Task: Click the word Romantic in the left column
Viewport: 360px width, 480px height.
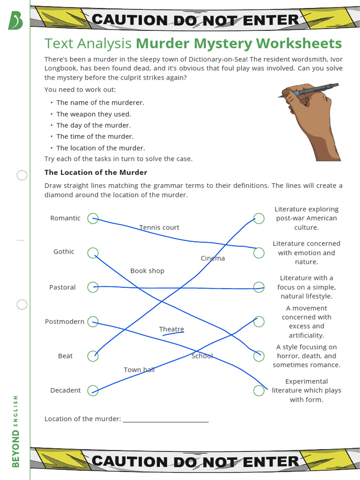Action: (65, 218)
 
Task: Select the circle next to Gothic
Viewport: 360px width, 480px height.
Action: (93, 252)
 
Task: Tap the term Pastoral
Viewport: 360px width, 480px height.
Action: (62, 287)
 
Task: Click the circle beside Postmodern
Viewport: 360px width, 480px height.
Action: (93, 321)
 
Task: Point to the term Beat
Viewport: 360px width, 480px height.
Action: (65, 356)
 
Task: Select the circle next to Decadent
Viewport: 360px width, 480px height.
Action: (93, 390)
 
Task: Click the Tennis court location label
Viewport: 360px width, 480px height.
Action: (159, 227)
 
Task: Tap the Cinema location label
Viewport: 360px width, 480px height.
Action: (213, 258)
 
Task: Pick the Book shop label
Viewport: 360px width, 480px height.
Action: (147, 270)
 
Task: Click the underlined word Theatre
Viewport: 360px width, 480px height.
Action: (172, 329)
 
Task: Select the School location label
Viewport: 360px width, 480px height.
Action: (202, 356)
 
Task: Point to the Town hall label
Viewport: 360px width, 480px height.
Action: (139, 369)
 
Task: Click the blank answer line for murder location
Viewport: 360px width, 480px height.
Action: (165, 420)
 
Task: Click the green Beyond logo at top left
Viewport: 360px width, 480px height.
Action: (15, 20)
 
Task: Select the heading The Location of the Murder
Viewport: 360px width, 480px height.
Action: (96, 172)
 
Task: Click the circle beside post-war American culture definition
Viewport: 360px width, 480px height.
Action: (259, 218)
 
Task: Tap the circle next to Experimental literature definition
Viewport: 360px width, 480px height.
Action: (259, 390)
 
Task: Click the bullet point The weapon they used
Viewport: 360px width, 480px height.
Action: (94, 114)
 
